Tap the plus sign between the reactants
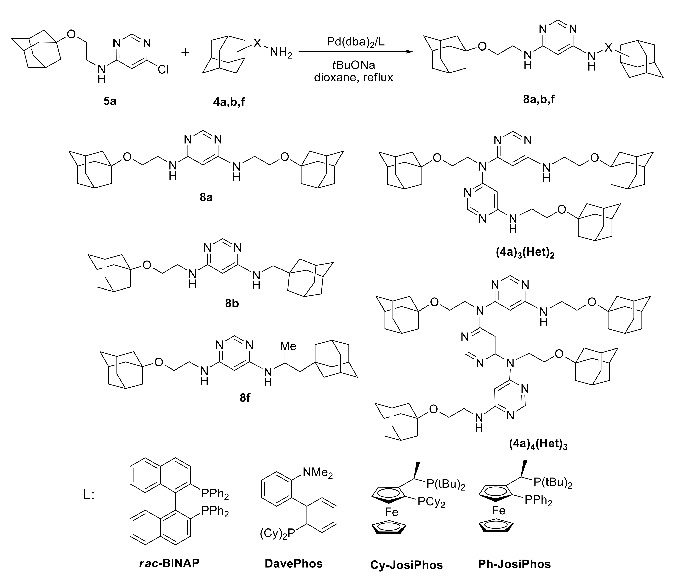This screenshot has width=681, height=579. click(185, 52)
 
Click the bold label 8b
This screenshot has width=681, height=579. click(232, 304)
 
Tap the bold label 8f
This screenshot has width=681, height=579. click(245, 398)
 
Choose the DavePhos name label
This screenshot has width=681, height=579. click(294, 564)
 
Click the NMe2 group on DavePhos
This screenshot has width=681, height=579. click(317, 473)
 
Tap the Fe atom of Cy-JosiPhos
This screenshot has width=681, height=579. click(391, 512)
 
